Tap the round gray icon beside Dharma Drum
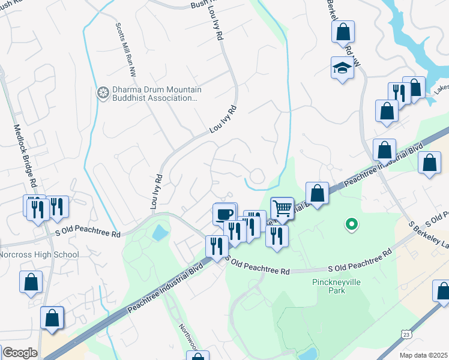coord(103,94)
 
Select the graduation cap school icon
coord(342,68)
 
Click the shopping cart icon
coord(282,208)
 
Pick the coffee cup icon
coord(224,214)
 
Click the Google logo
coord(20,353)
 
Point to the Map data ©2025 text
coord(423,355)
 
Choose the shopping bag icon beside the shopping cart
coord(317,193)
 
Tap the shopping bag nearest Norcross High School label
coord(31,281)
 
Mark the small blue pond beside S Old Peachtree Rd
coord(160,232)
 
